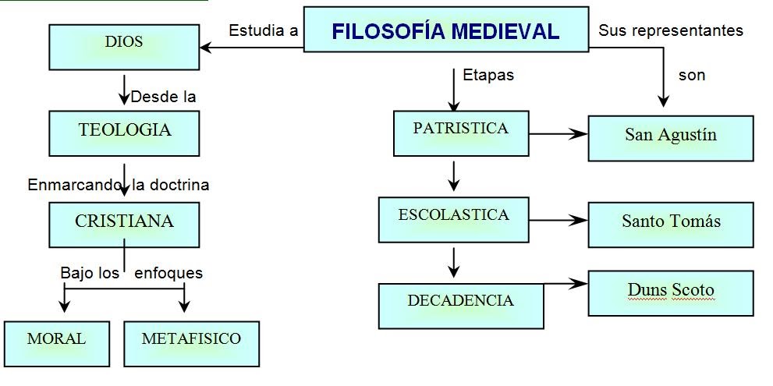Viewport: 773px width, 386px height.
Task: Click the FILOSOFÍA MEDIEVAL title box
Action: (x=445, y=30)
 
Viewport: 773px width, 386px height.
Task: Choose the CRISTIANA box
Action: (x=124, y=224)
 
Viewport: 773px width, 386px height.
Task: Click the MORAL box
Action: (x=56, y=342)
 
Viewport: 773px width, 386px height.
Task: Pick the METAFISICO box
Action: (x=191, y=342)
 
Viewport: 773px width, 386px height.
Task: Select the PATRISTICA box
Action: (x=460, y=133)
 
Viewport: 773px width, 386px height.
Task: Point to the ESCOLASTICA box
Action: (x=453, y=218)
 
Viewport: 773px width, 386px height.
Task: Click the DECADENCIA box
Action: (x=460, y=304)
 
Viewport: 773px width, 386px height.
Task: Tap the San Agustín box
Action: (x=670, y=137)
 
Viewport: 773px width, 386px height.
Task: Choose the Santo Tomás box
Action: (x=670, y=224)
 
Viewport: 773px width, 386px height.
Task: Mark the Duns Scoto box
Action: (x=670, y=292)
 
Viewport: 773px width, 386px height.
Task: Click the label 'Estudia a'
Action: (x=263, y=31)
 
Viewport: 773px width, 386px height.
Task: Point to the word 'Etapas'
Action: (x=488, y=76)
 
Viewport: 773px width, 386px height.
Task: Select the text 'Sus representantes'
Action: (x=670, y=31)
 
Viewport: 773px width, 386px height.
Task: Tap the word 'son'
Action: (x=691, y=76)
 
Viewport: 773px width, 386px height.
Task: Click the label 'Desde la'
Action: (x=162, y=97)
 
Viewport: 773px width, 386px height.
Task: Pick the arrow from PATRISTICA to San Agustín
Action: (x=558, y=134)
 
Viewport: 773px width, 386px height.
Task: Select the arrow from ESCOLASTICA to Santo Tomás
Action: (x=558, y=221)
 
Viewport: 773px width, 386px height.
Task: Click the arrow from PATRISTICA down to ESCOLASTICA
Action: (x=454, y=175)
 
